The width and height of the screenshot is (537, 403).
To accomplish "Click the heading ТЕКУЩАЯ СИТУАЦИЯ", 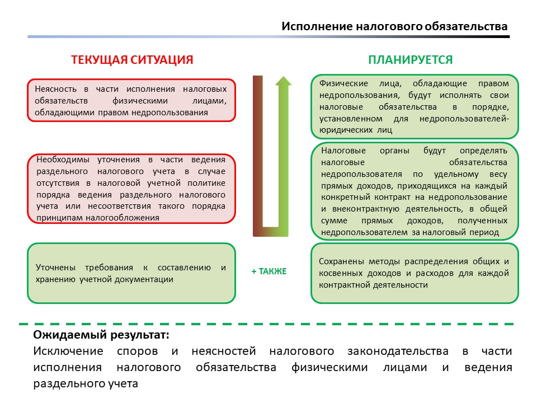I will point(132,60).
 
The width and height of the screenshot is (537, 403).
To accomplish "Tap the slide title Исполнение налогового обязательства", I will point(394,26).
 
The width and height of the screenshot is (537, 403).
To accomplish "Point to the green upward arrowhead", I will point(284,82).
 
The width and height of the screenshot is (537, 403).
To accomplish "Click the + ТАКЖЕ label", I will point(268,271).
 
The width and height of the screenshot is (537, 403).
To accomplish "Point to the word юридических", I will point(342,130).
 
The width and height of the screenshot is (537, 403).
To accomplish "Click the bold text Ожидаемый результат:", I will point(101,335).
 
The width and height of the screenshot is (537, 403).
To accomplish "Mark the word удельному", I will point(458,174).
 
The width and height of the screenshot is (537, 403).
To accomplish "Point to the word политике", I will point(208,183).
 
